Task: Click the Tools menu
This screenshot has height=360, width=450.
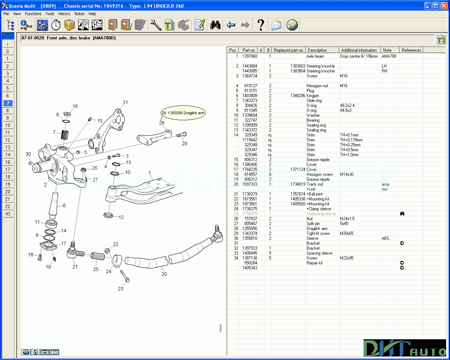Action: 50,14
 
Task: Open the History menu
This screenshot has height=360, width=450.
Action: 64,14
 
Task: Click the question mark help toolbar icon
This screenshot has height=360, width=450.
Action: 261,25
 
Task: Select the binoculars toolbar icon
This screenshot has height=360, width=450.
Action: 215,25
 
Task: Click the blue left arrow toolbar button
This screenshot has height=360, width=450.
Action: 231,25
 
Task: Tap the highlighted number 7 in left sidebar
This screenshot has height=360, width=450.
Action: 8,103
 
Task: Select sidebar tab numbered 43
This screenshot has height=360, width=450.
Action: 8,214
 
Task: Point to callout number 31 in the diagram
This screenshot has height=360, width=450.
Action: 125,102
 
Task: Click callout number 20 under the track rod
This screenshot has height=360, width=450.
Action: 164,274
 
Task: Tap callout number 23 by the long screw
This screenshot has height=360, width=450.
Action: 121,289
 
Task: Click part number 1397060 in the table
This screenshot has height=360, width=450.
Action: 250,56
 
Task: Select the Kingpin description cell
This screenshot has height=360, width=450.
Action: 313,96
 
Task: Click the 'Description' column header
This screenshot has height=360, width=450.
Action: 317,50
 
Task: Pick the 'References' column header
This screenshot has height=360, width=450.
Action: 411,50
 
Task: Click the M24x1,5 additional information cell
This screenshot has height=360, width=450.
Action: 347,219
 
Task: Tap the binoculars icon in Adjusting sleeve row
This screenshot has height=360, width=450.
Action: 402,214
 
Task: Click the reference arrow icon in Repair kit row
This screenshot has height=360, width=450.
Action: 402,263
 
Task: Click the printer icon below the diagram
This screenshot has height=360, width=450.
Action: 26,352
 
